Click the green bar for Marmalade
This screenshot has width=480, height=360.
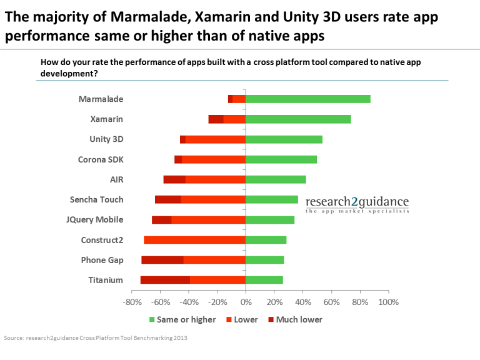308,99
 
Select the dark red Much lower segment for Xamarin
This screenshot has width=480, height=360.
216,119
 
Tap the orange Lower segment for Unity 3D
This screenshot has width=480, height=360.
216,139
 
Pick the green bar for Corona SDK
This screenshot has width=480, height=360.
281,159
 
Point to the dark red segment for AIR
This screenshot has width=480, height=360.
174,180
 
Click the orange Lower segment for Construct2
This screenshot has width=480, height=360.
195,240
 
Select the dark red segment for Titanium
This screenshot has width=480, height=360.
165,280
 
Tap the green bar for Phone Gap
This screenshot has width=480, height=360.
265,260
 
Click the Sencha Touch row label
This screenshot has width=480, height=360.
96,199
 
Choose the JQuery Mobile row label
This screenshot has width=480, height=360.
94,220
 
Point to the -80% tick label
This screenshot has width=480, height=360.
132,302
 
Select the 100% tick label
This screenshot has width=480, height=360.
389,302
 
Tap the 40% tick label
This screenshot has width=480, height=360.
303,302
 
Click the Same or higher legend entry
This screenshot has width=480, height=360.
182,319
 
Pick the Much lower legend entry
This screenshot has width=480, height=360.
295,319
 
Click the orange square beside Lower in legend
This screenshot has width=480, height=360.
229,319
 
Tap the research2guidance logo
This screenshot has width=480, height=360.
357,204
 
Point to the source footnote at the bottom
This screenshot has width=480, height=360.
96,338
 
